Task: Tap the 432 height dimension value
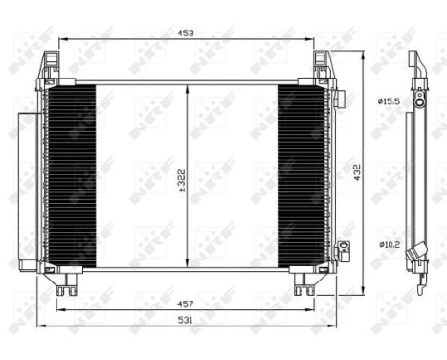point(357,171)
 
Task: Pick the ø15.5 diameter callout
point(389,100)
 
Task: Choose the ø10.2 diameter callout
point(388,245)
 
